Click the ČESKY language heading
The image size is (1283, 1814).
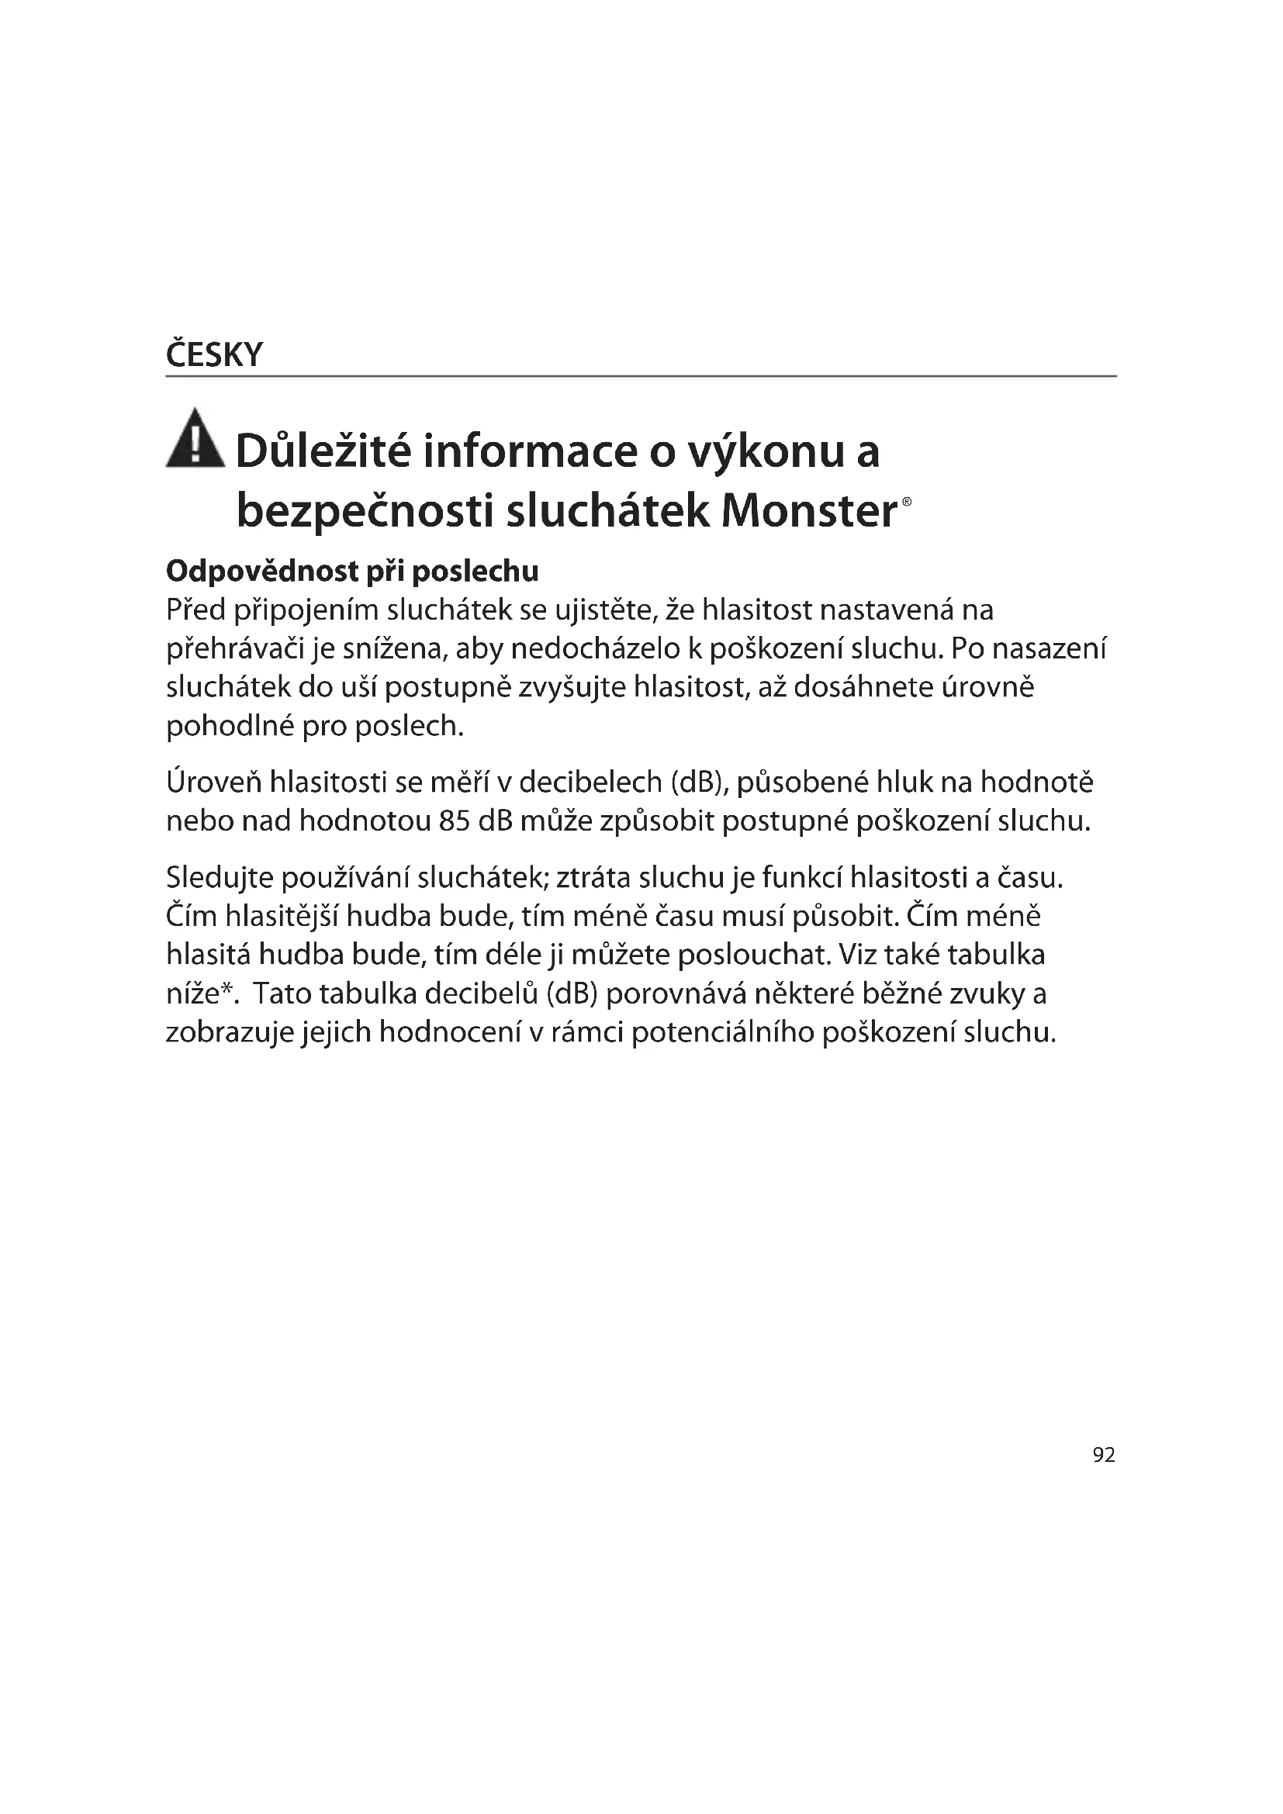coord(214,355)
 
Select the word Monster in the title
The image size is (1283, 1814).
coord(809,511)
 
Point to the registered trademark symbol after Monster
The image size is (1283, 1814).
coord(907,502)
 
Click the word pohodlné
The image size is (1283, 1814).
coord(230,726)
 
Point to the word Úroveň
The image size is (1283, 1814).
coord(213,783)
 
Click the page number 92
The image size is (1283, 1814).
coord(1104,1455)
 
